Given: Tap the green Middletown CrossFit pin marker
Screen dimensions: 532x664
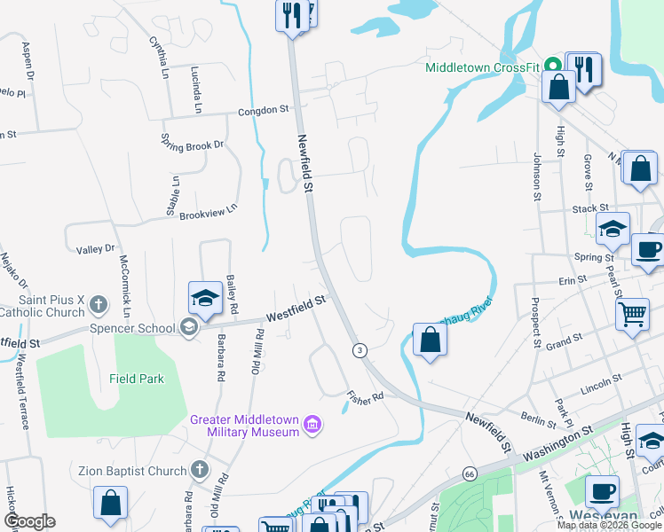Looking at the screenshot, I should pyautogui.click(x=552, y=66).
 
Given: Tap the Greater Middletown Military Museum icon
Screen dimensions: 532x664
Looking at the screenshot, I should pyautogui.click(x=312, y=426).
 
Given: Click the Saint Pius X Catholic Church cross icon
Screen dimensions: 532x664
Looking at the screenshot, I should pyautogui.click(x=99, y=306).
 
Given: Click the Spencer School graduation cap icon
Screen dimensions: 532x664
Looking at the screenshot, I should pyautogui.click(x=188, y=328).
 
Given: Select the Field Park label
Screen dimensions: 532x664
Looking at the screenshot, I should pyautogui.click(x=137, y=379).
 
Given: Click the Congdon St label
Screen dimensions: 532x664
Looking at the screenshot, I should pyautogui.click(x=264, y=111).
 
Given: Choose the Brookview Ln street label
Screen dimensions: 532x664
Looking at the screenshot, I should pyautogui.click(x=209, y=212).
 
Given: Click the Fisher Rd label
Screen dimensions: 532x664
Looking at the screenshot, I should pyautogui.click(x=364, y=396).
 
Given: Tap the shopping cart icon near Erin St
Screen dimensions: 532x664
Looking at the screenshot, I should pyautogui.click(x=632, y=315).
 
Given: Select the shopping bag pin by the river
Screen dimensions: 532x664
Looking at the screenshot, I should pyautogui.click(x=430, y=339).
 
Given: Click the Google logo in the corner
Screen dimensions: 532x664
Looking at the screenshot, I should pyautogui.click(x=29, y=521).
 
